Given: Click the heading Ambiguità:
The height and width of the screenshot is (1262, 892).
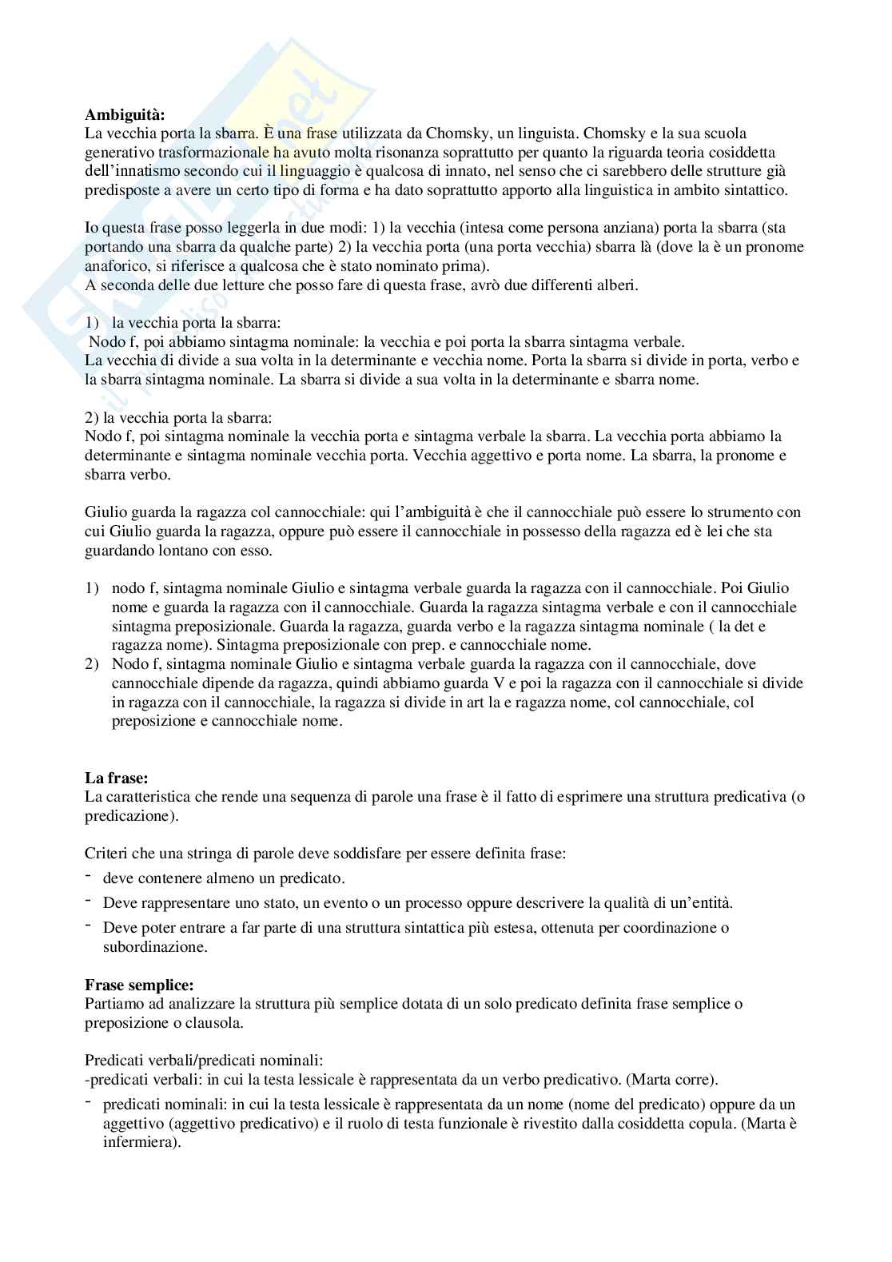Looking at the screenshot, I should (x=125, y=114).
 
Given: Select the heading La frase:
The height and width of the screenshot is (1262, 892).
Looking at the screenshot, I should (x=117, y=777).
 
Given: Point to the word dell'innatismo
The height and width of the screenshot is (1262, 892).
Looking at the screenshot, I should (x=125, y=171).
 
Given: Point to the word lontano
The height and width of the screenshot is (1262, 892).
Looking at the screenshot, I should (x=171, y=551).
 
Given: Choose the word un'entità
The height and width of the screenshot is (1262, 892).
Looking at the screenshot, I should (x=698, y=903).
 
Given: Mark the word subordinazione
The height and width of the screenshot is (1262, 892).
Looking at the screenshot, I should (x=155, y=947).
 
